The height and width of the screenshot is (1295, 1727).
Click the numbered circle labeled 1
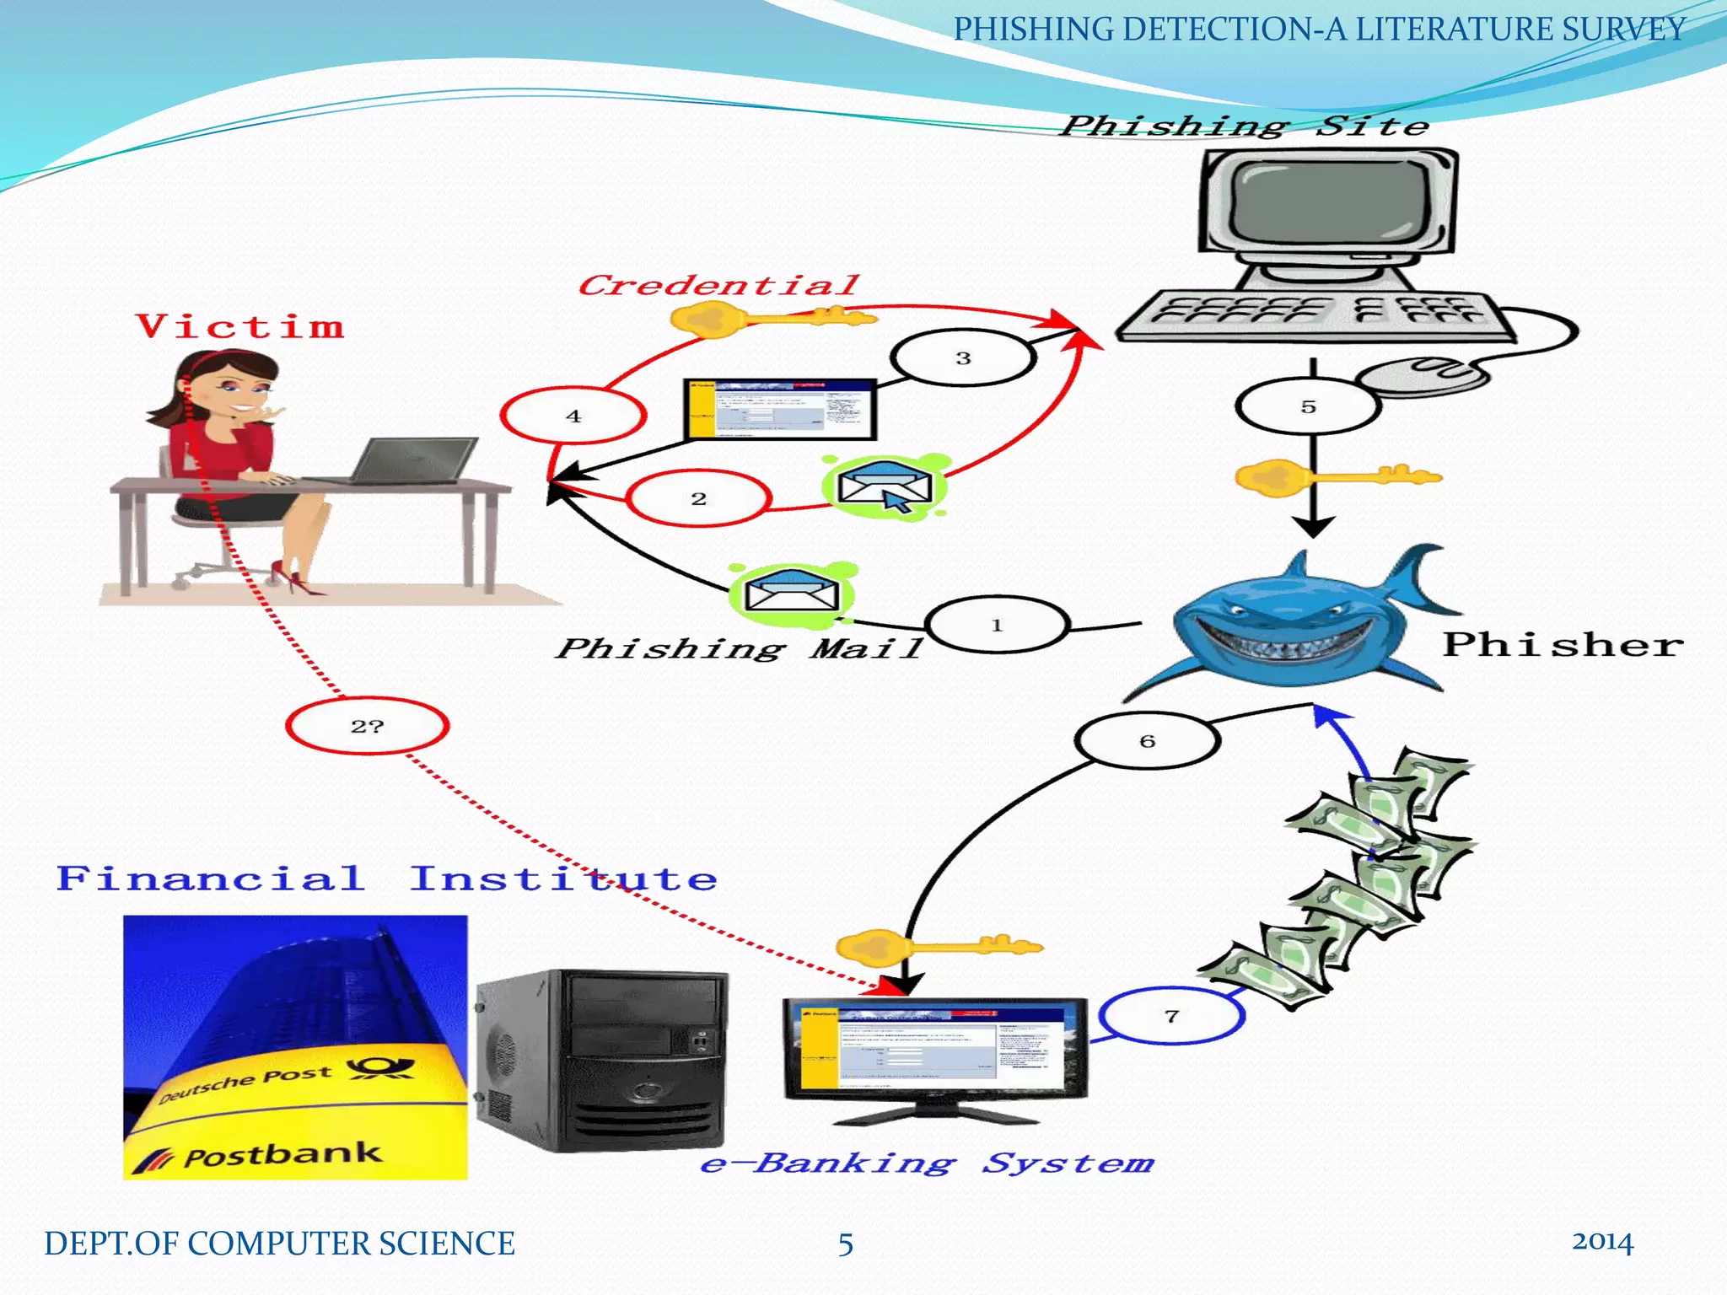click(997, 625)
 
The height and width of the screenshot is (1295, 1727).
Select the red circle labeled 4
click(573, 416)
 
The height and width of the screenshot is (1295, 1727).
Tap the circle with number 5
click(1308, 406)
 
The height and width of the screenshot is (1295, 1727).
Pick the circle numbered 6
click(1147, 741)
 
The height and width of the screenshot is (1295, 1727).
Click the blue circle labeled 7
click(1171, 1016)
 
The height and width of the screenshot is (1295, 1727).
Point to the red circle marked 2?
click(367, 726)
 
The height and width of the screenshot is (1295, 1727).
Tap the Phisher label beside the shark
click(1563, 645)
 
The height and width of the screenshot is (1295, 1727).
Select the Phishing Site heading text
click(1245, 126)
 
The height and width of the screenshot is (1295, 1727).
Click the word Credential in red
click(718, 285)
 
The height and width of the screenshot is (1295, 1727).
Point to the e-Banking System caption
click(927, 1163)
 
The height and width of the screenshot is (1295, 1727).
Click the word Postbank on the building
click(282, 1155)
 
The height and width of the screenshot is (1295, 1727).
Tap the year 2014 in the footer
click(1602, 1242)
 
